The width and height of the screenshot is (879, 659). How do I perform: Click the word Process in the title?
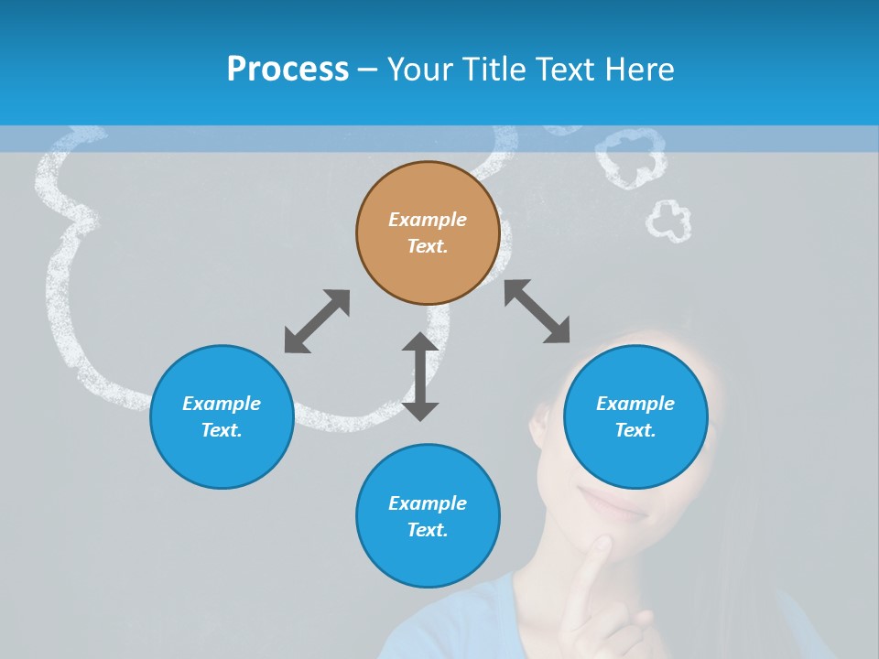point(288,70)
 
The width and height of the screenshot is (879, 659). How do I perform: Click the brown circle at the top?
point(428,232)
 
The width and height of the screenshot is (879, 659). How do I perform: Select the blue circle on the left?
point(222,416)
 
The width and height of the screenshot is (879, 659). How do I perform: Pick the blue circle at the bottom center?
point(428,516)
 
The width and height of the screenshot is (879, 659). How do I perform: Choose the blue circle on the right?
point(635,416)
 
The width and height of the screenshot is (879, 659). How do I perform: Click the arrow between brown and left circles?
point(317,321)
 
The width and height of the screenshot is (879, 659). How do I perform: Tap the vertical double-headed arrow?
point(420,376)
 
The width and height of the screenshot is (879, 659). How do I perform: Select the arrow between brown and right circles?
point(537,311)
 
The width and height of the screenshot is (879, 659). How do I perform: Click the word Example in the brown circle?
point(428,220)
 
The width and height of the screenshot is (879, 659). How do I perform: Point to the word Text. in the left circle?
point(222,430)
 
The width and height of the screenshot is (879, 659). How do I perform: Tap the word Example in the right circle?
point(635,404)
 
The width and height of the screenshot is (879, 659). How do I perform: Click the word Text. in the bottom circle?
point(428,530)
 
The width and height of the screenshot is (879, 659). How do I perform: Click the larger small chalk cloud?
point(630,157)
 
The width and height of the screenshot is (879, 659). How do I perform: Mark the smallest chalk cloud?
point(668,221)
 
